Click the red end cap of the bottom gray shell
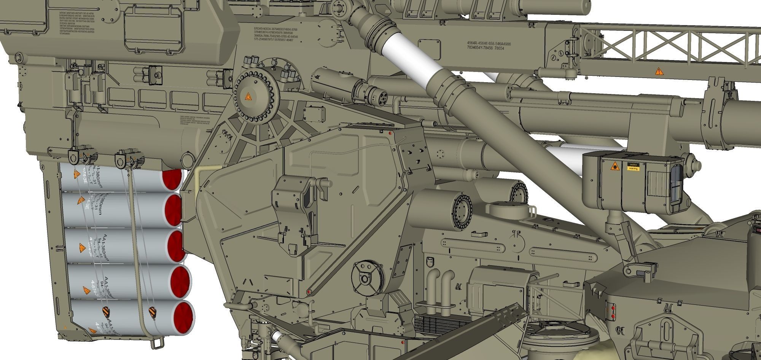point(184,317)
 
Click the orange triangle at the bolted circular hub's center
point(248,96)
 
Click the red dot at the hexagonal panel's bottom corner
point(309,292)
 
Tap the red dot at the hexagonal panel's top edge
point(390,134)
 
